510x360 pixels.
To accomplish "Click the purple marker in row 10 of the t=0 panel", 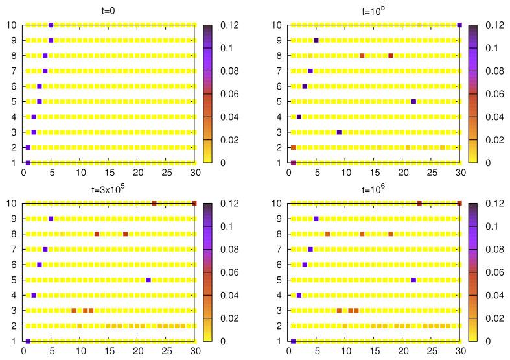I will click(x=51, y=25).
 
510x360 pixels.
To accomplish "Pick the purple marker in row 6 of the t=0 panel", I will click(x=40, y=86).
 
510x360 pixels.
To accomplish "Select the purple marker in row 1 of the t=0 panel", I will click(x=28, y=163).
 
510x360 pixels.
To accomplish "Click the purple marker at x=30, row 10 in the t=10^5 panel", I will click(x=459, y=25).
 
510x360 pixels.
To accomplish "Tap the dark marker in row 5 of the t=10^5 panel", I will click(x=413, y=101).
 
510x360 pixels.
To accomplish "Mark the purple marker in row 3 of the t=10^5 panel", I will click(x=339, y=132).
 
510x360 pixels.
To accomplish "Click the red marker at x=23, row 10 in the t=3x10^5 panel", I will click(x=154, y=203).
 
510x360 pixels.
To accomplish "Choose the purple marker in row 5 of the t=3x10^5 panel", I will click(x=148, y=280).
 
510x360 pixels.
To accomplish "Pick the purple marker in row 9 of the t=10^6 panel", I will click(x=316, y=219).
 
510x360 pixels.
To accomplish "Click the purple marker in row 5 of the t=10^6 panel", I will click(x=413, y=280).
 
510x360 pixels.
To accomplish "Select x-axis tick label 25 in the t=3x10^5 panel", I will click(x=166, y=352).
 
